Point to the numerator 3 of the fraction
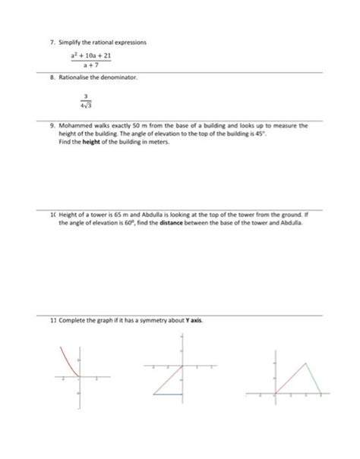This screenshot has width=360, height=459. point(87,96)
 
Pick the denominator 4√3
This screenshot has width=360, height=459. point(87,105)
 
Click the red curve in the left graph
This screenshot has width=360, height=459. point(68,361)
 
